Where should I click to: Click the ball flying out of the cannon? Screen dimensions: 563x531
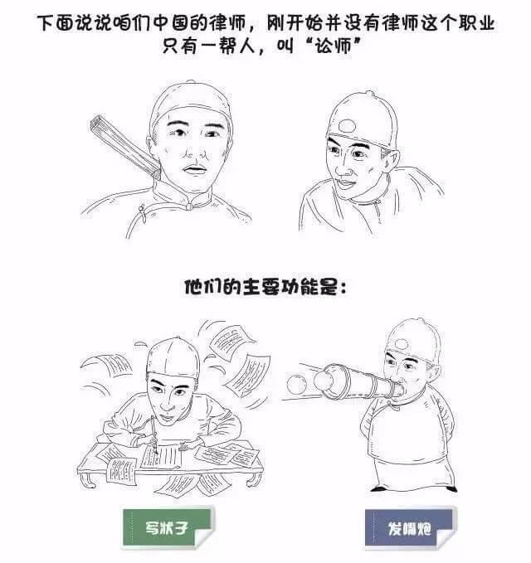point(297,384)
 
